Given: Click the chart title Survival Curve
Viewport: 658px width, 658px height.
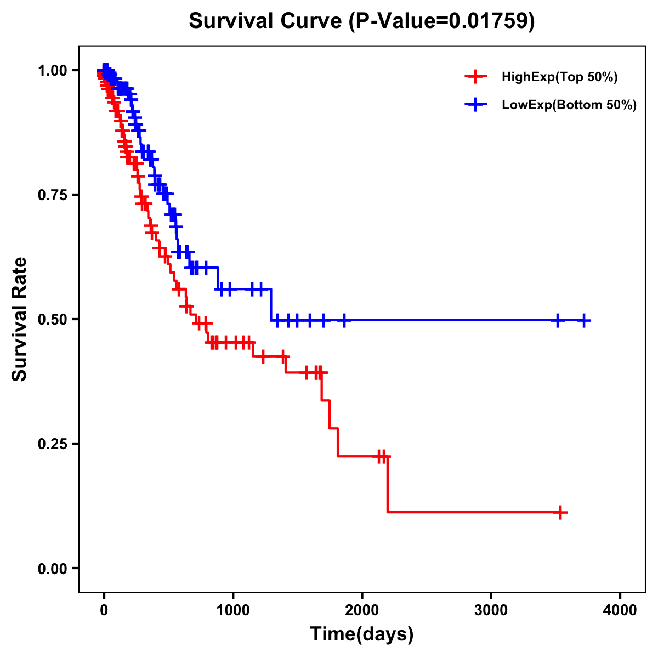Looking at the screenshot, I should [x=266, y=21].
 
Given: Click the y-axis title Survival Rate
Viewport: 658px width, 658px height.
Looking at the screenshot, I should [x=20, y=319].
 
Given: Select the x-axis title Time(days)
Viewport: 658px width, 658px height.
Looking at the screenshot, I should [x=362, y=634].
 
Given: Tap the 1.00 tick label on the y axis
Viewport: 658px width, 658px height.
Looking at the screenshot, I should [x=52, y=70].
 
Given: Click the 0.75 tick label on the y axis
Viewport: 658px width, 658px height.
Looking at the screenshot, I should [x=52, y=195].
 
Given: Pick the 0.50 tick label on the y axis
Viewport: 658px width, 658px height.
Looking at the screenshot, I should [x=52, y=319].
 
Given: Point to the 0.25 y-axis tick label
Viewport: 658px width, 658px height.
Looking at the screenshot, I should [x=52, y=444].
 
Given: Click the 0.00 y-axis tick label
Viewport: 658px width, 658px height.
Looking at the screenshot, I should [x=52, y=568].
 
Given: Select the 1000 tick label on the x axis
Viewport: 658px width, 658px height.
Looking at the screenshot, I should [x=233, y=610].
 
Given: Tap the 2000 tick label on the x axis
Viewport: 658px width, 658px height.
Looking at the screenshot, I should [x=362, y=610].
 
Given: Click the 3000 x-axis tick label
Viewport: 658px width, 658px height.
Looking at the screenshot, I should [x=491, y=610].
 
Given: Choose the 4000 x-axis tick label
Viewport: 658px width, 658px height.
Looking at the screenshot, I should [x=620, y=610].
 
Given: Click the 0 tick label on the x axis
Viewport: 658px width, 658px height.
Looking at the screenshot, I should [x=104, y=610].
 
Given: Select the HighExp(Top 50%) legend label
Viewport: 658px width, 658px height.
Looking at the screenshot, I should [x=559, y=77].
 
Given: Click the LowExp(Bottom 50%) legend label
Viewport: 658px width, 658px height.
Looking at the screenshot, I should [x=569, y=105].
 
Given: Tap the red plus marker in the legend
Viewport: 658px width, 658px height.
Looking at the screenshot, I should [x=476, y=77].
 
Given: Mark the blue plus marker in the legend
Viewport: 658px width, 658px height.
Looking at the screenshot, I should [x=476, y=104].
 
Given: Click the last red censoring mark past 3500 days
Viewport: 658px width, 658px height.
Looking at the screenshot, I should [x=560, y=512].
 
